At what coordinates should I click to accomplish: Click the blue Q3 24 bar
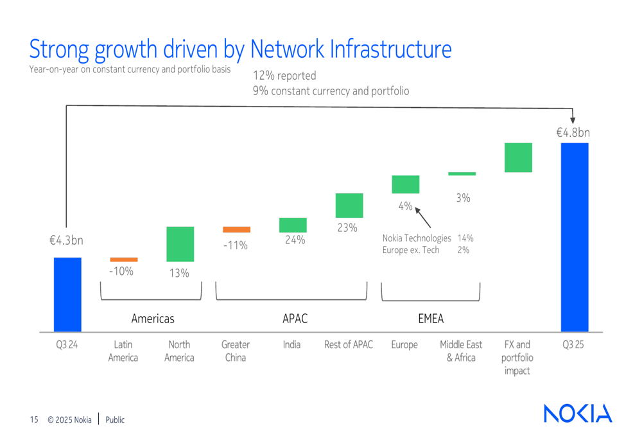[x=67, y=294]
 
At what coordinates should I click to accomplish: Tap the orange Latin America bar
[x=123, y=260]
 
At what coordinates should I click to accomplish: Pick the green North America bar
[x=180, y=244]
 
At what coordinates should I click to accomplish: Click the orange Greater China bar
[x=236, y=229]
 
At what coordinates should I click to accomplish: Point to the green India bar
[x=293, y=225]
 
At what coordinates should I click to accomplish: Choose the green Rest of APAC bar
[x=349, y=206]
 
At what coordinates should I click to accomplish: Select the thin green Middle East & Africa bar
[x=462, y=173]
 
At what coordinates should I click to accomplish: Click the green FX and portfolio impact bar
[x=518, y=157]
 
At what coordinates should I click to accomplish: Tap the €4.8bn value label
[x=573, y=133]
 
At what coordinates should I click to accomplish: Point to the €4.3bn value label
[x=67, y=241]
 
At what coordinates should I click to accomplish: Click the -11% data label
[x=236, y=245]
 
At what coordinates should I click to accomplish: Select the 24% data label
[x=295, y=240]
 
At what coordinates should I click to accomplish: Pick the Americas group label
[x=153, y=319]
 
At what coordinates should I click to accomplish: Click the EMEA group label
[x=430, y=319]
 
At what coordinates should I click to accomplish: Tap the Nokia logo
[x=578, y=414]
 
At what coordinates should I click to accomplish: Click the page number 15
[x=34, y=420]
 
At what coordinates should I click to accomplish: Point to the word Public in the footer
[x=115, y=420]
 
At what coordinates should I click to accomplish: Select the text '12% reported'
[x=284, y=76]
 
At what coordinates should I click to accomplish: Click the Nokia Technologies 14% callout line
[x=428, y=238]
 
